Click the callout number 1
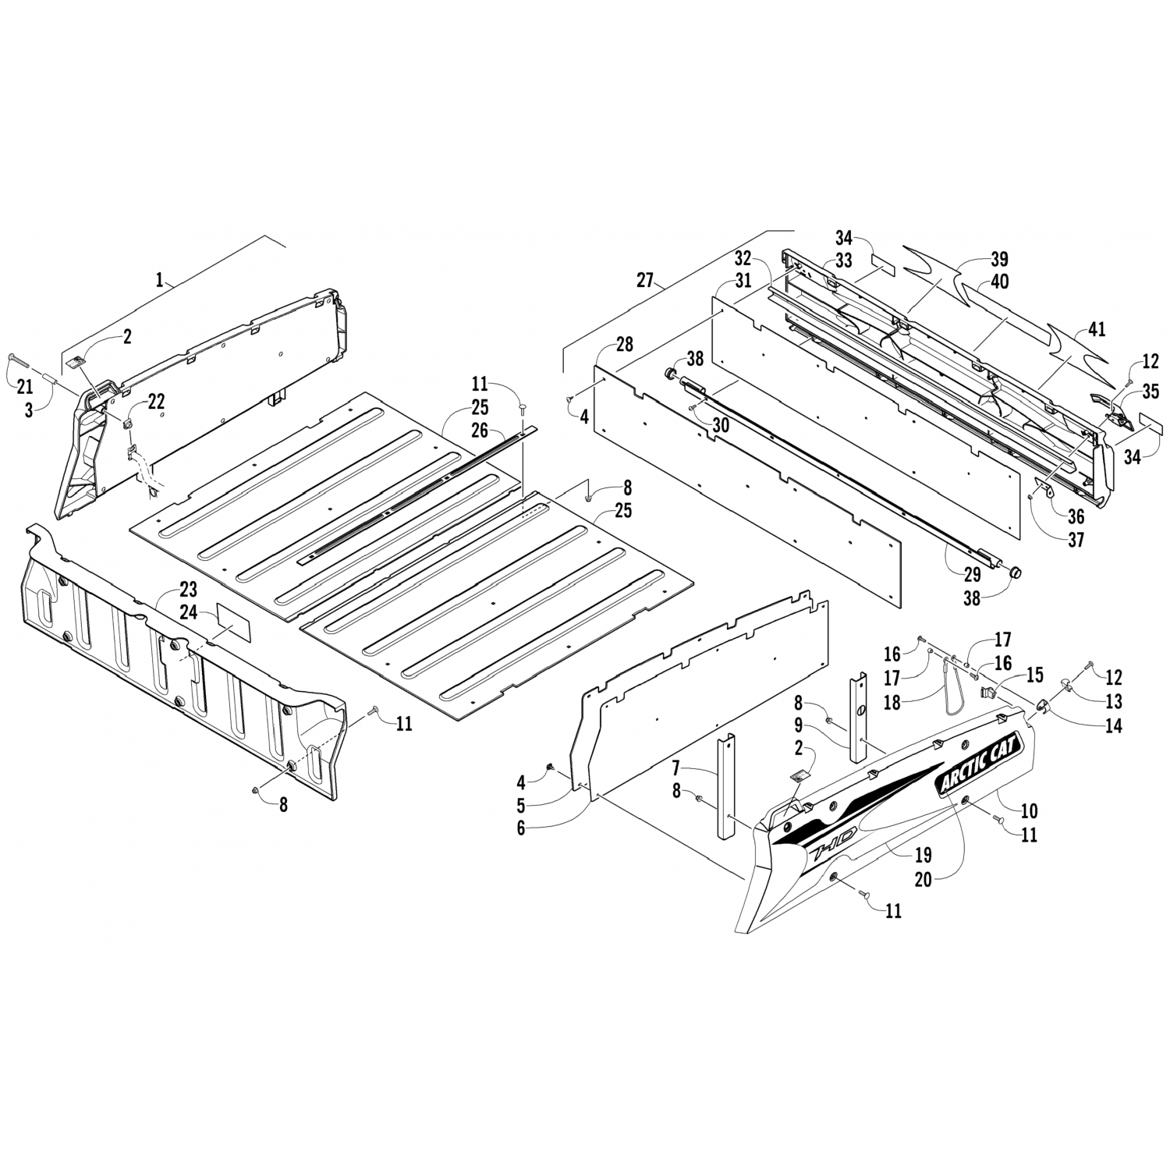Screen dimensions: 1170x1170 point(160,281)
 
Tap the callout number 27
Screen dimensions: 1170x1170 point(644,281)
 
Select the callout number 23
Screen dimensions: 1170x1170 point(188,590)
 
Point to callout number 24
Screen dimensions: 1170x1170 point(188,612)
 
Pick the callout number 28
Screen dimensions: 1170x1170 point(624,345)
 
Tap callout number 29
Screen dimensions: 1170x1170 point(972,575)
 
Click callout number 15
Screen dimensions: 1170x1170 point(1034,672)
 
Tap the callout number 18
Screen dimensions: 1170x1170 point(892,702)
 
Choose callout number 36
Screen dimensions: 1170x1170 point(1076,516)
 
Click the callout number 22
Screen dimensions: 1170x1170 point(156,401)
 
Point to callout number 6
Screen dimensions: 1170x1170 point(521,828)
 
